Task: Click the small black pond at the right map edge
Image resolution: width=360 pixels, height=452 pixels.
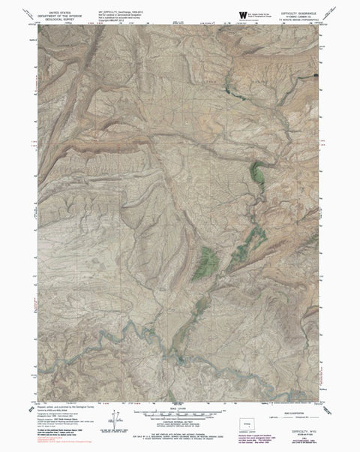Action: (x=319, y=77)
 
